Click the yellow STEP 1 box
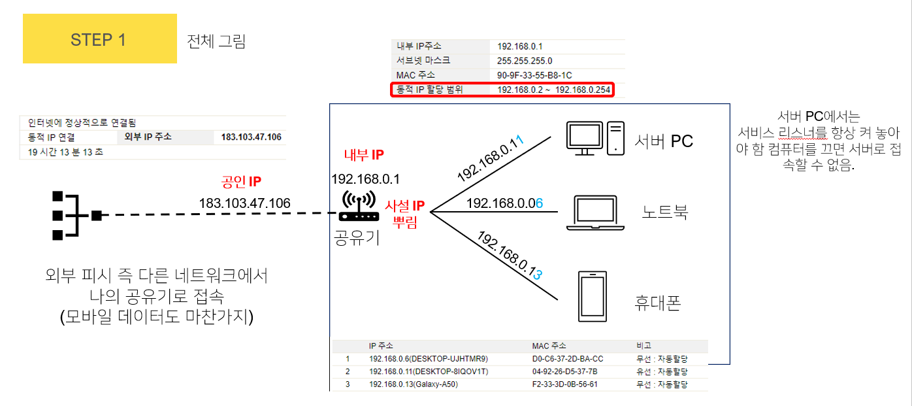[99, 39]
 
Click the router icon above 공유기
[359, 207]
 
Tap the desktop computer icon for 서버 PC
[594, 138]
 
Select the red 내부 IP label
[364, 155]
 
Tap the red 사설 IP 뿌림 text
[405, 213]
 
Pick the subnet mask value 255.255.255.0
[525, 61]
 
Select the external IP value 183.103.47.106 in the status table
[251, 137]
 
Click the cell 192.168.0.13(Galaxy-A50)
[413, 384]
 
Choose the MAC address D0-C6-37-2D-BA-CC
[568, 359]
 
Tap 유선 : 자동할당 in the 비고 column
[662, 371]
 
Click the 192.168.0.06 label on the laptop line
[504, 204]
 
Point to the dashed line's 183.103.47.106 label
[245, 204]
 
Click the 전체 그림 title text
[216, 41]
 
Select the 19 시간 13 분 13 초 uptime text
[65, 152]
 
